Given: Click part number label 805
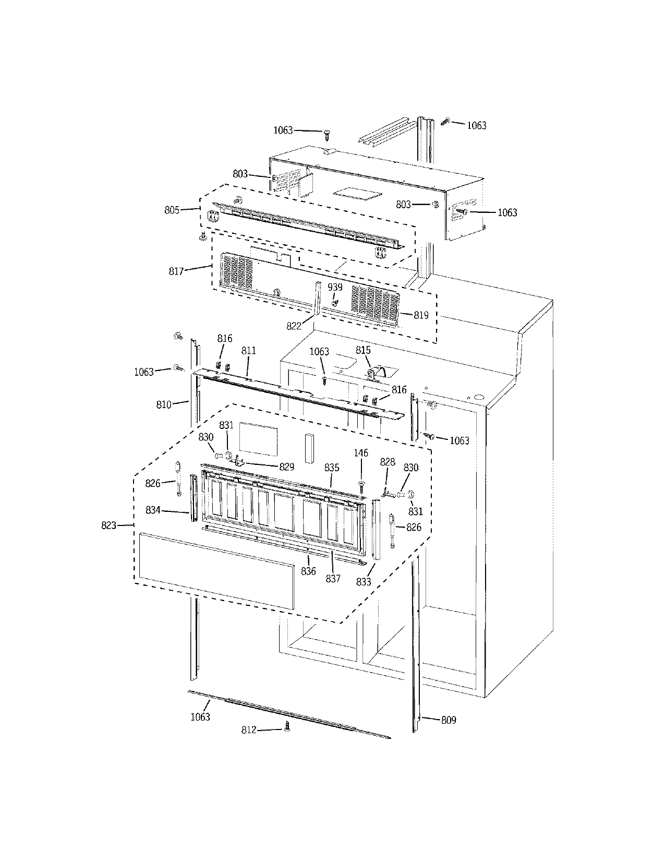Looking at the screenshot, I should pyautogui.click(x=172, y=210).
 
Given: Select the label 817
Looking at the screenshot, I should pyautogui.click(x=176, y=272).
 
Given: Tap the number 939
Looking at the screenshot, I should pyautogui.click(x=335, y=288).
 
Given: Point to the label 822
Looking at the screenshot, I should pyautogui.click(x=294, y=326).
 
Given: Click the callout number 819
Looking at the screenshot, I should pyautogui.click(x=421, y=315).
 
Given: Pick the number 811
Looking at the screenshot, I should pyautogui.click(x=249, y=351).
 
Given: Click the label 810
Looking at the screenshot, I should pyautogui.click(x=164, y=404).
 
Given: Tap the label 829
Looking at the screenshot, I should pyautogui.click(x=286, y=467).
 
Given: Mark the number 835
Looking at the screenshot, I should pyautogui.click(x=332, y=468).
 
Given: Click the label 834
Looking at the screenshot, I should pyautogui.click(x=153, y=510).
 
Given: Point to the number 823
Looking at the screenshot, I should pyautogui.click(x=108, y=525).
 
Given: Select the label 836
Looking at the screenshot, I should pyautogui.click(x=308, y=571).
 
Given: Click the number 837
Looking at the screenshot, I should pyautogui.click(x=333, y=578).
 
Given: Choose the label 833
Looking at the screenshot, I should pyautogui.click(x=364, y=582).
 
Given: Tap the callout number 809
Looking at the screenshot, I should pyautogui.click(x=449, y=720).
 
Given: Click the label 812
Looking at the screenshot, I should pyautogui.click(x=249, y=730).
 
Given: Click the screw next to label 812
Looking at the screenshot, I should pyautogui.click(x=286, y=728).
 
